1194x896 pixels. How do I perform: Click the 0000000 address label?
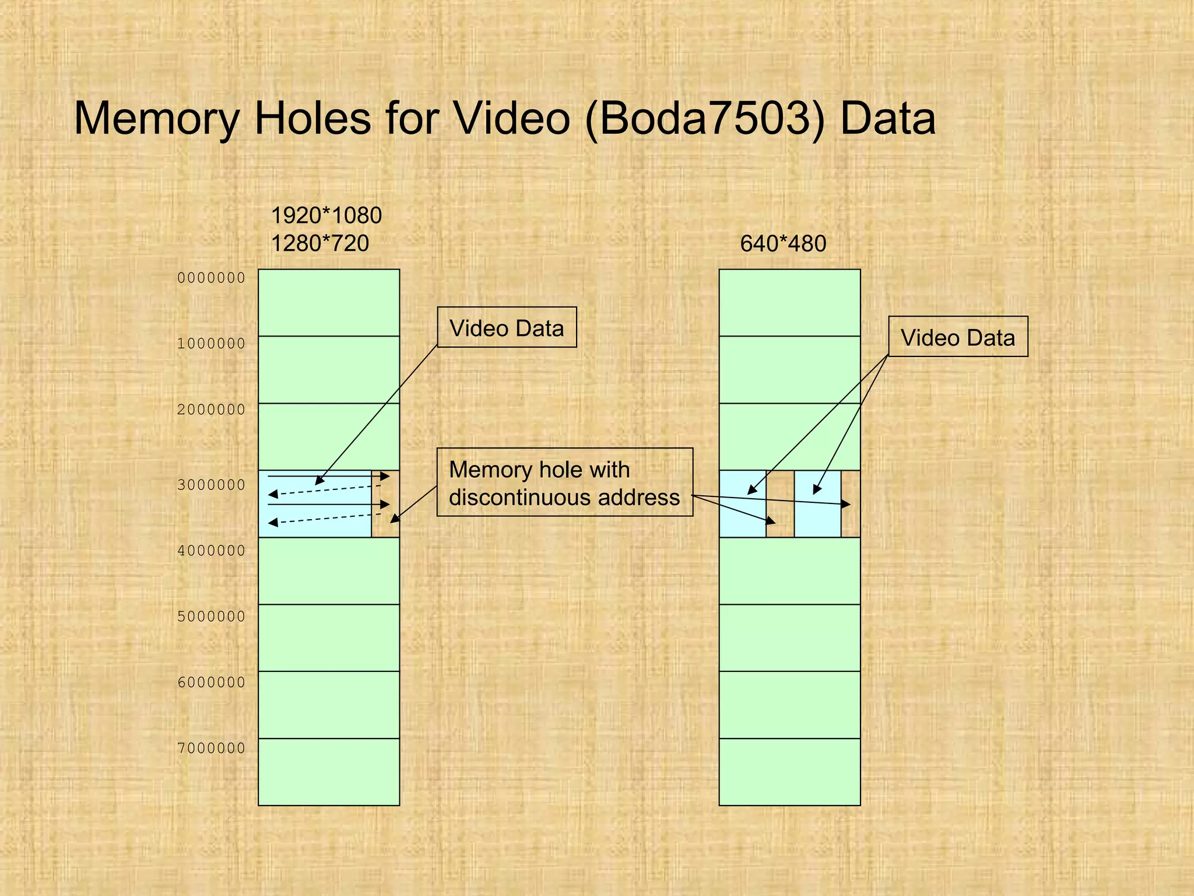click(211, 278)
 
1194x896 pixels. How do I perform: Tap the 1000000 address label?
click(211, 344)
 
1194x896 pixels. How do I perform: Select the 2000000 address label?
click(211, 409)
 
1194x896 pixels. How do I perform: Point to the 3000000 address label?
click(211, 485)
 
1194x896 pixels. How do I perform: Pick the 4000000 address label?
click(211, 550)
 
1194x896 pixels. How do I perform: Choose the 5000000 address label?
click(211, 616)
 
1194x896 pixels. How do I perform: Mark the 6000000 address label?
click(211, 682)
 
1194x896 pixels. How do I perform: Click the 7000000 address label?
click(211, 748)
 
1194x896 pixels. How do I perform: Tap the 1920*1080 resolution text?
click(326, 216)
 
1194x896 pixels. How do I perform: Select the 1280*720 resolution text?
click(319, 243)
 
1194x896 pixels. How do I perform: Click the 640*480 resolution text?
click(783, 243)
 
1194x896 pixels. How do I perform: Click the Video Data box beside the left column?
click(507, 327)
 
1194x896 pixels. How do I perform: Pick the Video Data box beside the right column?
click(958, 337)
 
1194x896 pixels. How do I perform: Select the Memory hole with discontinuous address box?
click(564, 482)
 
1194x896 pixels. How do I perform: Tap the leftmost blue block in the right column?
click(742, 504)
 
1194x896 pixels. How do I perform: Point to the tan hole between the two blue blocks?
click(780, 504)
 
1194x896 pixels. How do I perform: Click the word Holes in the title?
click(312, 118)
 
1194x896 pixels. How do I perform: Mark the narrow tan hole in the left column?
click(385, 504)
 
